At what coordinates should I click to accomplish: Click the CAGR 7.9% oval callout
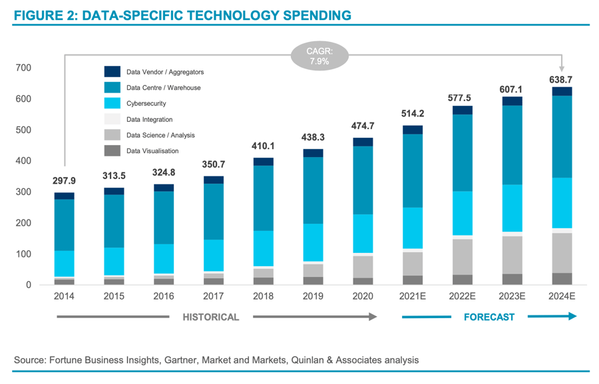pos(319,55)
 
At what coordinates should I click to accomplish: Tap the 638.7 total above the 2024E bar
pos(562,79)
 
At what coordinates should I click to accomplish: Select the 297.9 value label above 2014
pos(65,182)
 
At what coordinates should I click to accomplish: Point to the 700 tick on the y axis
pos(23,68)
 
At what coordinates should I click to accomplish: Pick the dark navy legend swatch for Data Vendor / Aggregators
pos(112,72)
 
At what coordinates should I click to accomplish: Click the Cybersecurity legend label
pos(146,104)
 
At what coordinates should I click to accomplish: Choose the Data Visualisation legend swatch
pos(112,151)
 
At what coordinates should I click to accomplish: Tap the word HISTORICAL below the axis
pos(211,317)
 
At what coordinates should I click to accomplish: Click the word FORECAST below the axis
pos(489,317)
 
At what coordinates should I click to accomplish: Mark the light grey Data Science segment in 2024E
pos(562,253)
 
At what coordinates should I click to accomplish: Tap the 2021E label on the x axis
pos(412,296)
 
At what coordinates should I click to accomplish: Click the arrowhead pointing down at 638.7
pos(562,67)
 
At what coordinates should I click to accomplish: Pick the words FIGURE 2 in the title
pos(43,15)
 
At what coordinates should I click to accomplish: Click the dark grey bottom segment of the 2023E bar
pos(512,280)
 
